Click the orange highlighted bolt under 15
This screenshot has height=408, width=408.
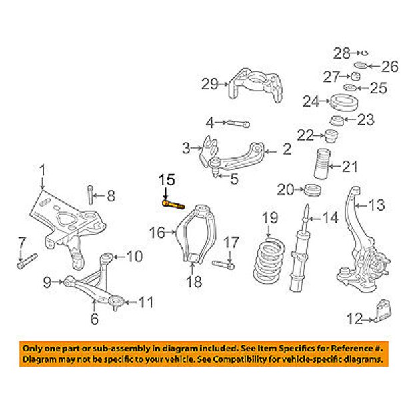pyautogui.click(x=173, y=205)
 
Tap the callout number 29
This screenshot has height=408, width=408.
pyautogui.click(x=210, y=84)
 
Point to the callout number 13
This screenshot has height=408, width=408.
pyautogui.click(x=376, y=205)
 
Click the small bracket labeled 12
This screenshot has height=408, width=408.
pyautogui.click(x=383, y=311)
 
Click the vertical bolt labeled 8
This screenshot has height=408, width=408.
pyautogui.click(x=90, y=195)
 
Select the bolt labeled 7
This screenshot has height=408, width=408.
pyautogui.click(x=27, y=261)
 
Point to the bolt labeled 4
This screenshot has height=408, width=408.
pyautogui.click(x=239, y=123)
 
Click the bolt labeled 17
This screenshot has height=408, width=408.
pyautogui.click(x=223, y=265)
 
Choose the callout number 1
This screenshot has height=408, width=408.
pyautogui.click(x=42, y=170)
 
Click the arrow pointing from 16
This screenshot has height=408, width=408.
pyautogui.click(x=171, y=232)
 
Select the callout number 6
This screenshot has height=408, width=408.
pyautogui.click(x=95, y=319)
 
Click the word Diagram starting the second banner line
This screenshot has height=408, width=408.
pyautogui.click(x=39, y=359)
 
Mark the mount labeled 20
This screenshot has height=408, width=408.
pyautogui.click(x=313, y=190)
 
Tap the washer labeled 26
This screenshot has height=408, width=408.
pyautogui.click(x=361, y=65)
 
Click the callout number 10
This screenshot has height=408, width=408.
pyautogui.click(x=135, y=256)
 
